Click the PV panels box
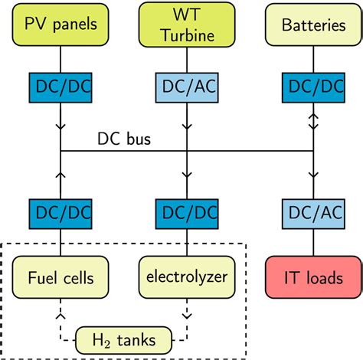[60, 25]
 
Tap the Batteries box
[313, 25]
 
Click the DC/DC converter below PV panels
[60, 89]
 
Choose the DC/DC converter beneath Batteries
[313, 89]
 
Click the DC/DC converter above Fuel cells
[60, 211]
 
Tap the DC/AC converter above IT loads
[313, 211]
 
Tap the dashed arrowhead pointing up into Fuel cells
[60, 313]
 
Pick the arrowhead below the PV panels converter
[60, 122]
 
